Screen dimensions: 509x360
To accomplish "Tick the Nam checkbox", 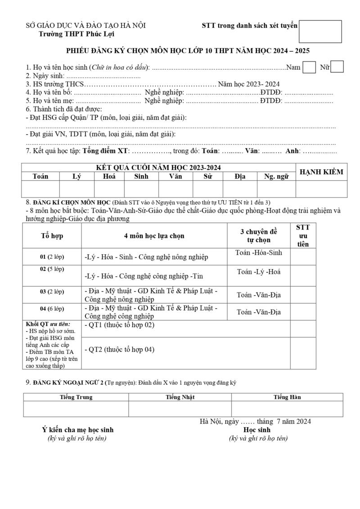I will [x=309, y=67].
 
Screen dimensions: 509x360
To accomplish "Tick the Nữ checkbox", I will [x=337, y=67].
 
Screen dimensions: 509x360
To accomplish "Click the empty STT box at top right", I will [x=320, y=32].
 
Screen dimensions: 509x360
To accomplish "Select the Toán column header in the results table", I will [x=40, y=176].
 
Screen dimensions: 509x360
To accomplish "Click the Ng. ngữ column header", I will [x=276, y=176].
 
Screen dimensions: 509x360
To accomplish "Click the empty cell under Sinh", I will [x=141, y=189].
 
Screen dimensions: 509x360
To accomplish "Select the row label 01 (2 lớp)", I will [x=52, y=257].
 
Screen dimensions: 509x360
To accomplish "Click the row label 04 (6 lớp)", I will [x=52, y=309].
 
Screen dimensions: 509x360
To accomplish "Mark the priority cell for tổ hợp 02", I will [x=303, y=275].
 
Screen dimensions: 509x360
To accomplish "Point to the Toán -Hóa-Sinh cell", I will [x=259, y=253].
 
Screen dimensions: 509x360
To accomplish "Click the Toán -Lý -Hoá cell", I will [x=259, y=272].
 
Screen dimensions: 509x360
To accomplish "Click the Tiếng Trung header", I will [x=76, y=397].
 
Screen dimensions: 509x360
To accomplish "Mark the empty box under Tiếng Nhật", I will [x=180, y=409].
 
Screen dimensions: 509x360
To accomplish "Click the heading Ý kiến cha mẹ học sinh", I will [x=77, y=430].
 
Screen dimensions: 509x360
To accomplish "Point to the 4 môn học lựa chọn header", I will [x=154, y=236].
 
